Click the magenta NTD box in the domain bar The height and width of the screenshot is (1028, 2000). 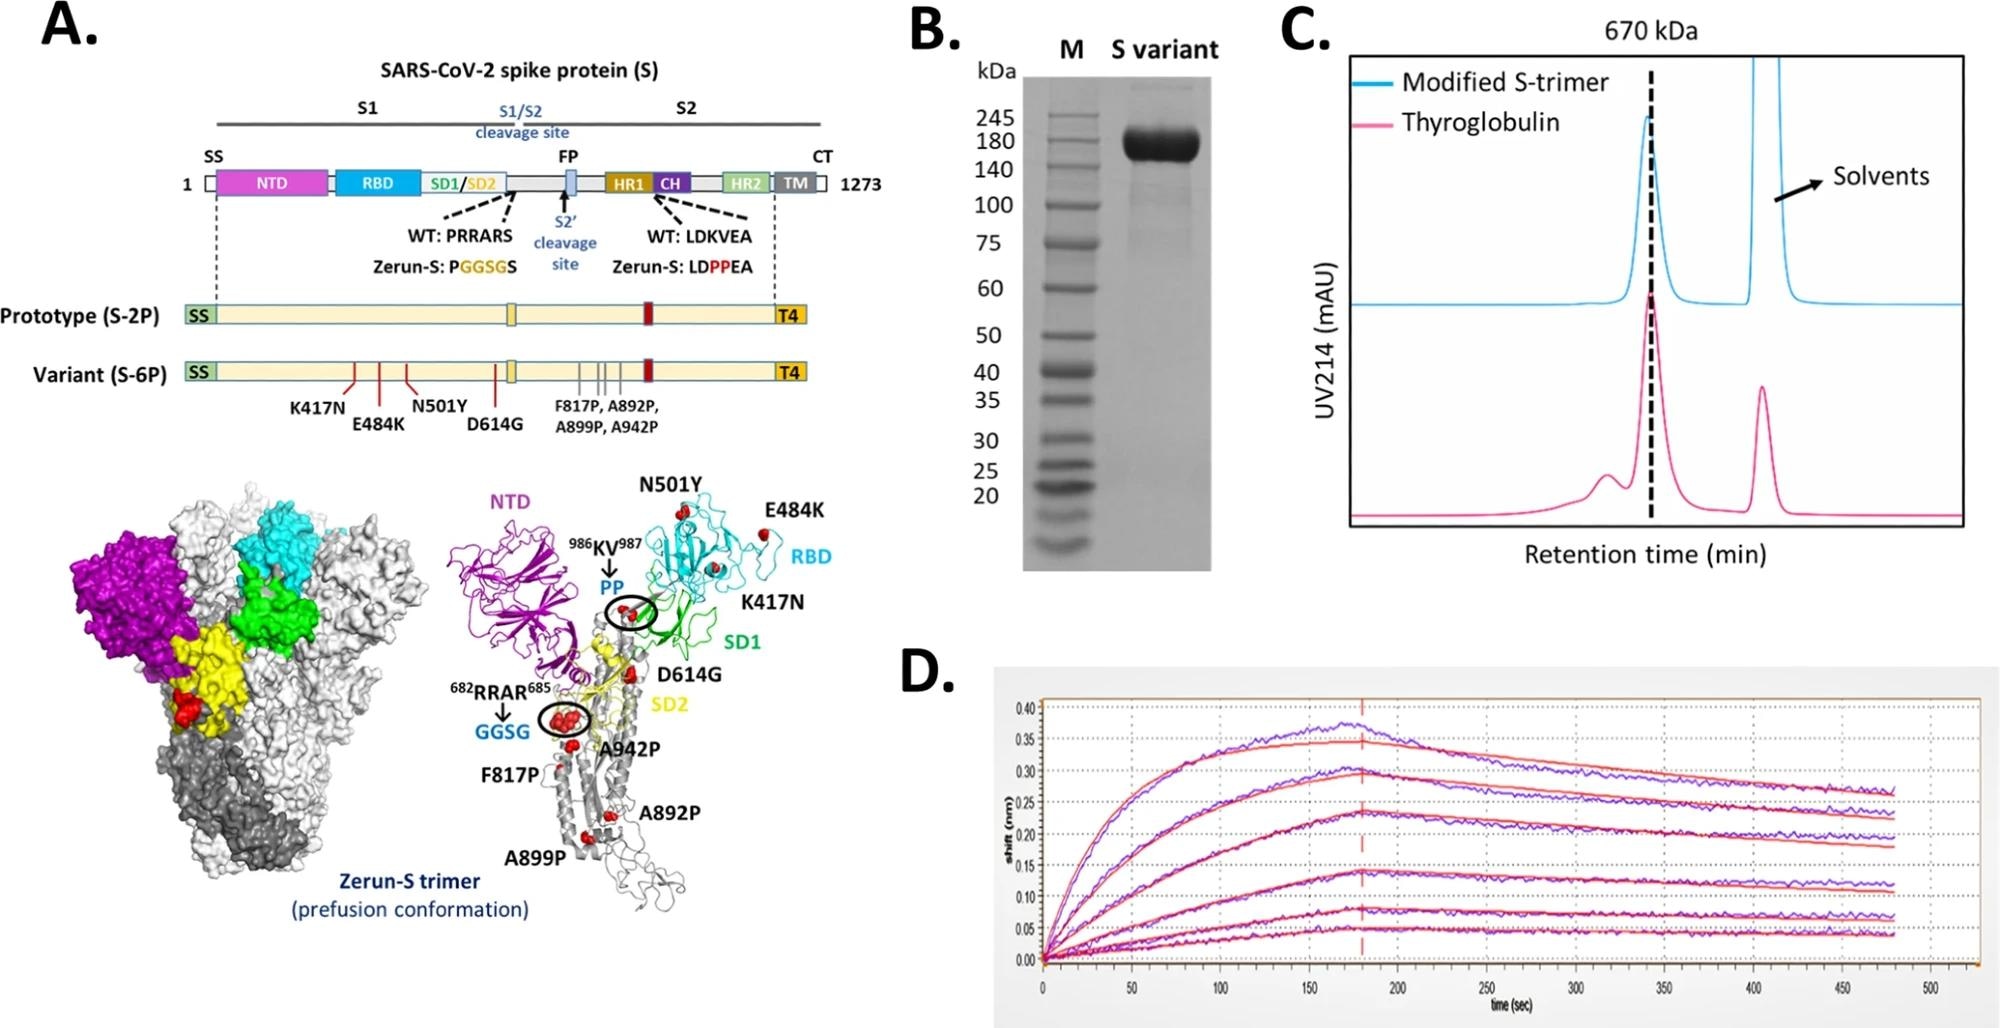pos(271,183)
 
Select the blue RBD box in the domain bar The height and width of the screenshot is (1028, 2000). pos(377,183)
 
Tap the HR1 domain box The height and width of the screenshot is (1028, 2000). pos(628,183)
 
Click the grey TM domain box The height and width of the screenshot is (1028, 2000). pos(796,183)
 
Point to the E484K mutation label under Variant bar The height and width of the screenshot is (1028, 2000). pos(378,425)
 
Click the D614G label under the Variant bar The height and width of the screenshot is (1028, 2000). pos(495,424)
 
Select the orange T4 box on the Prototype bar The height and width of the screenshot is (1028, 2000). pos(789,316)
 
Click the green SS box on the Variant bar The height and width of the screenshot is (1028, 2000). pos(199,373)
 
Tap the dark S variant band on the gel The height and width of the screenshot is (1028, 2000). pos(1161,145)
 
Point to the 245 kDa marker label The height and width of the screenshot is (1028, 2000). pos(995,118)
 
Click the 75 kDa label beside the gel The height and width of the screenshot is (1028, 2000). pos(988,243)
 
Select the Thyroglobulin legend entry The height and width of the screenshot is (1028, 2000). pos(1480,123)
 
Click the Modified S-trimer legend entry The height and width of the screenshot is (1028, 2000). pos(1505,82)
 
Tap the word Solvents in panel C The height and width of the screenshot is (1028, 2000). pos(1880,177)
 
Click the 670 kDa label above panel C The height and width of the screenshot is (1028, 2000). pos(1650,31)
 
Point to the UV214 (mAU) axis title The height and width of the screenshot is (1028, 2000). pos(1326,340)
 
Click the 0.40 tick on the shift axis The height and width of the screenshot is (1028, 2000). pos(1025,709)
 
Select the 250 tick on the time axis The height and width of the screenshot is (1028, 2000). pos(1486,989)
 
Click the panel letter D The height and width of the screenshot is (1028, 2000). pos(927,672)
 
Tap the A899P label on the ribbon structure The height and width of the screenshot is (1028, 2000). pos(535,857)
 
